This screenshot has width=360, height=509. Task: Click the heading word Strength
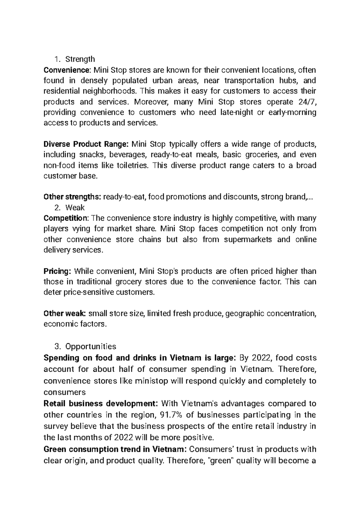(80, 59)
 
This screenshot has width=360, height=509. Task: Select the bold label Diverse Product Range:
(86, 144)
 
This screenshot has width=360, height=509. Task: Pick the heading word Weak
(75, 207)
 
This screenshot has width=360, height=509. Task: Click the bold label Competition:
(66, 218)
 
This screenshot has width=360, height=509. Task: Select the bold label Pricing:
(57, 271)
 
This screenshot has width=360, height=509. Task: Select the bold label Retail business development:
(100, 404)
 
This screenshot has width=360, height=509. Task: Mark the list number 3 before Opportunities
(58, 347)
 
